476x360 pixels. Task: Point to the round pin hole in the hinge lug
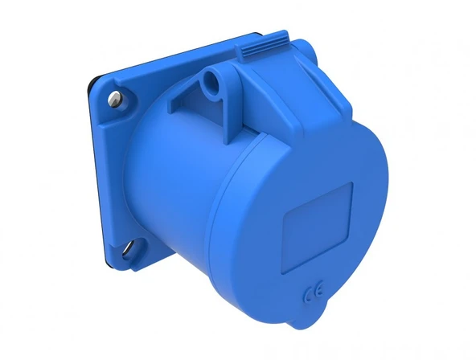[212, 81]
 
